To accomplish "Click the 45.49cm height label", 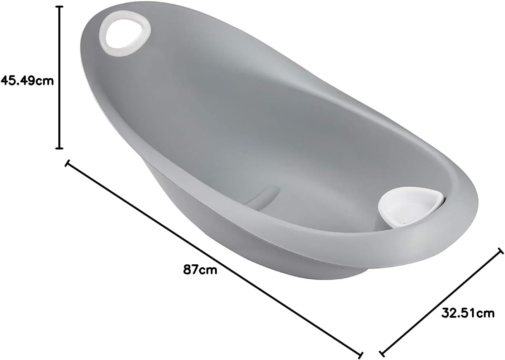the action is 27,81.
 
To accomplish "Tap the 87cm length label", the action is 200,269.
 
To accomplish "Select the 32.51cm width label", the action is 468,313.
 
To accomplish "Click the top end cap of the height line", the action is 59,7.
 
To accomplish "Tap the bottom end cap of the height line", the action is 59,148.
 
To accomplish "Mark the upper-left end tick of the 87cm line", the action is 67,163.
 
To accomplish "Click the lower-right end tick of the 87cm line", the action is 361,355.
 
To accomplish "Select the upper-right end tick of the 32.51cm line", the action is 500,251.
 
